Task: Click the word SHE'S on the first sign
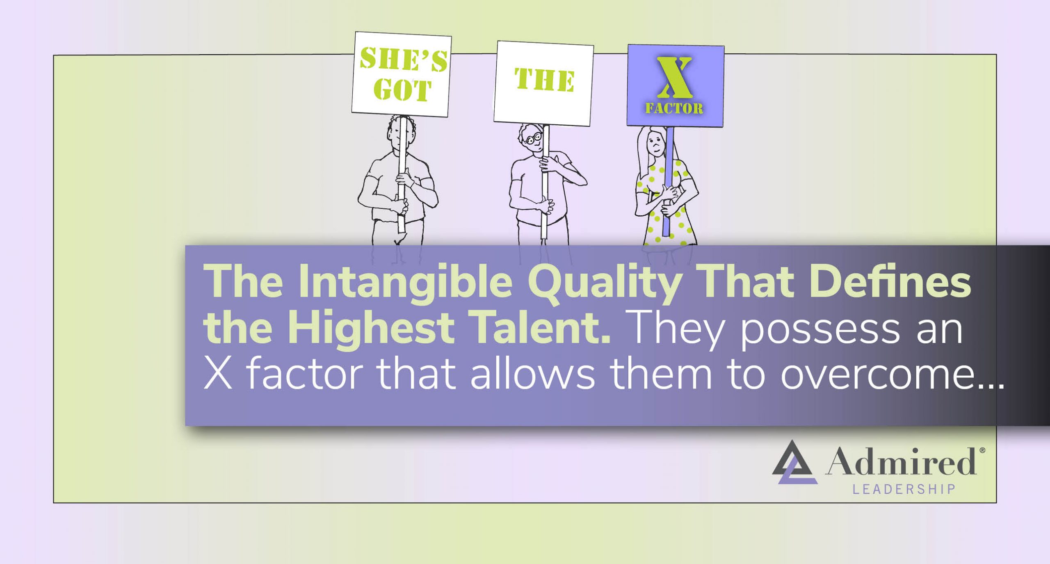tap(404, 60)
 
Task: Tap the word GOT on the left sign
tap(402, 90)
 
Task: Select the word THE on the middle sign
tap(544, 80)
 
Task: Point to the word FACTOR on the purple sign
tap(674, 108)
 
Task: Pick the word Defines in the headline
tap(890, 282)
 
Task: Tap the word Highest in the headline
tap(371, 328)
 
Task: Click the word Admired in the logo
tap(901, 461)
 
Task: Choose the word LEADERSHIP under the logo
tap(904, 489)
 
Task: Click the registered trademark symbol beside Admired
tap(982, 450)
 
